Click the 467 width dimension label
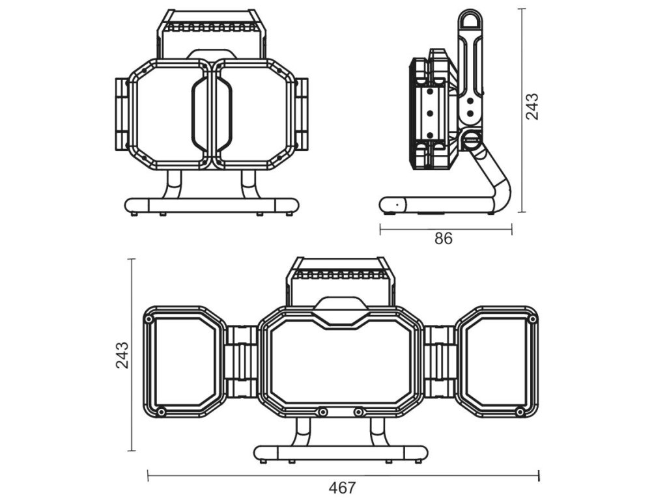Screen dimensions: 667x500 (x=342, y=487)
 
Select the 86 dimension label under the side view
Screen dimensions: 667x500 (x=444, y=239)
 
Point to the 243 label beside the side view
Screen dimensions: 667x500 (x=532, y=106)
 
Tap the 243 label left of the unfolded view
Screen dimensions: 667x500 (x=122, y=355)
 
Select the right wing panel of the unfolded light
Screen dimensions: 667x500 (x=497, y=361)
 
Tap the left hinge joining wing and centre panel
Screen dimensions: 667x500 (x=242, y=362)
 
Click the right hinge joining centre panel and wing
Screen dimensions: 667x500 (x=440, y=362)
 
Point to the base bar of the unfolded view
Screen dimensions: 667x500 (x=341, y=453)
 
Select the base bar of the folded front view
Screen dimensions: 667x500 (x=212, y=206)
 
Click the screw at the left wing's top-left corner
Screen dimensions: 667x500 (x=149, y=320)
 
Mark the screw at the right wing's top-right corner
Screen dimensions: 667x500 (x=532, y=319)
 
